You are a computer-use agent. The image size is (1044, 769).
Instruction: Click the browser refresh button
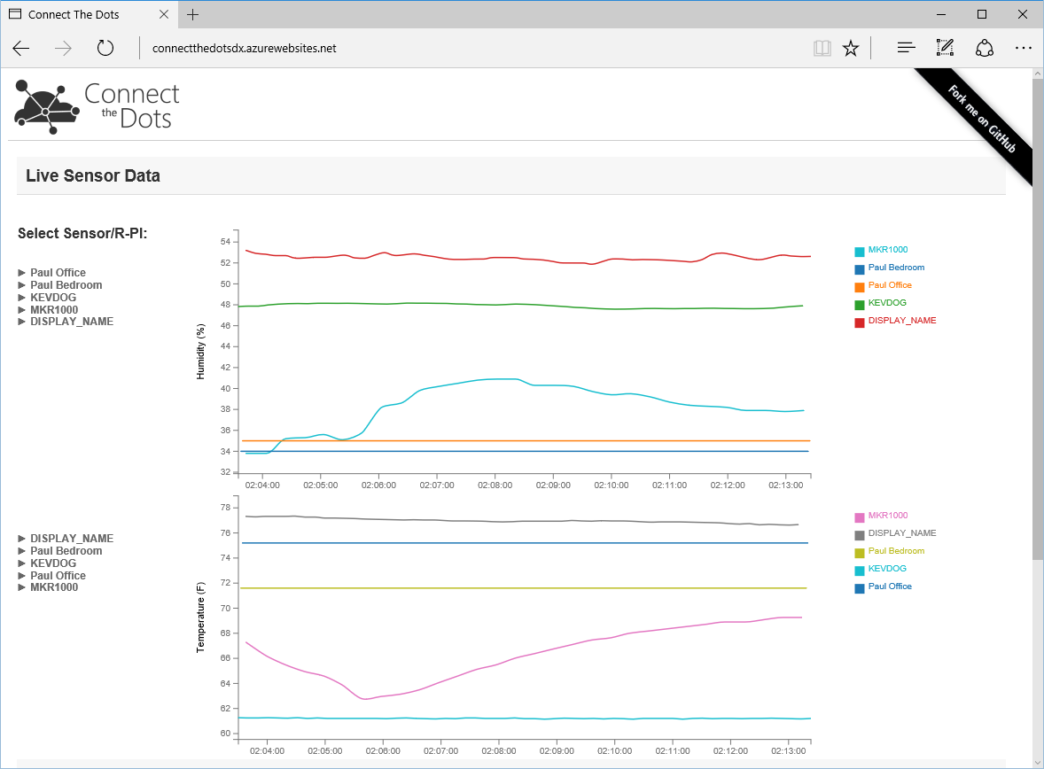click(x=105, y=49)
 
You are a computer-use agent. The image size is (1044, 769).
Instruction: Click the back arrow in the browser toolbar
click(x=21, y=49)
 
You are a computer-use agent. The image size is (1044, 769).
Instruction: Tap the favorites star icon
click(x=851, y=49)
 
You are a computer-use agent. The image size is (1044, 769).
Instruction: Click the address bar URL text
click(x=244, y=49)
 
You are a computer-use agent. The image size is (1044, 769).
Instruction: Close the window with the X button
click(x=1023, y=14)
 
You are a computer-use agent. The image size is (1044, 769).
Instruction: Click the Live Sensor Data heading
click(x=93, y=175)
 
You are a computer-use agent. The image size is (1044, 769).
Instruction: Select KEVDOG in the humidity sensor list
click(x=52, y=298)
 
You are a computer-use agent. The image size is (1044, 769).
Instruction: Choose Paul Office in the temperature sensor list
click(x=58, y=576)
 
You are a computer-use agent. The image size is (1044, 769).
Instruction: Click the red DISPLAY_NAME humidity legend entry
click(x=901, y=321)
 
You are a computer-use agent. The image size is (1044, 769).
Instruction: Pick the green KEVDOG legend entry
click(x=887, y=303)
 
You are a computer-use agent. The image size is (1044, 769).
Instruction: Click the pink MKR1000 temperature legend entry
click(x=887, y=516)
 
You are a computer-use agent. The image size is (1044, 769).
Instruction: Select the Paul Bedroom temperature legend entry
click(x=896, y=551)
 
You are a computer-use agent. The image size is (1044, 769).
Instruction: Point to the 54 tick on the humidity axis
click(x=225, y=242)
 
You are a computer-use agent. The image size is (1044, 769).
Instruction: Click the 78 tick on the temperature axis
click(x=225, y=508)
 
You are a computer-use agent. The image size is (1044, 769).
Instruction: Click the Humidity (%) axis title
click(x=200, y=352)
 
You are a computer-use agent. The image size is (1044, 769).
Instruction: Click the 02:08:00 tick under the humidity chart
click(x=495, y=485)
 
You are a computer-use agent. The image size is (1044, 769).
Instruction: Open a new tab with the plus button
click(x=193, y=14)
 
